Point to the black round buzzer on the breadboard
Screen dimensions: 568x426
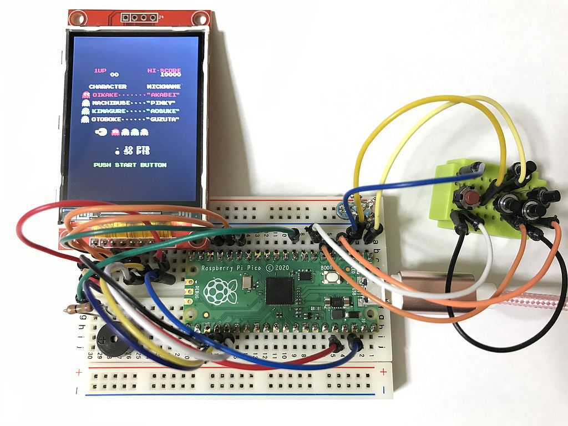[110, 339]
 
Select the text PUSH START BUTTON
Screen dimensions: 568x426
[130, 165]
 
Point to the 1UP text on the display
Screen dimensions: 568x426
[100, 70]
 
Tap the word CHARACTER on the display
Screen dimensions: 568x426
[108, 87]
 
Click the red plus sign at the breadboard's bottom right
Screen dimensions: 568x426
[384, 371]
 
